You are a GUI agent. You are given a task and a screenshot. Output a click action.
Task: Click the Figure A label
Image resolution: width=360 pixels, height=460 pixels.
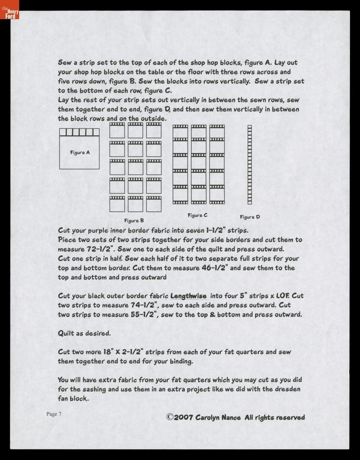(80, 153)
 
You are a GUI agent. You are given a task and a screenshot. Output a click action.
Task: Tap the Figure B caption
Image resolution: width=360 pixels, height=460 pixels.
(134, 220)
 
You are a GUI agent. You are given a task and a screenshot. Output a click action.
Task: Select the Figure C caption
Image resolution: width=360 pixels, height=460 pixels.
(197, 215)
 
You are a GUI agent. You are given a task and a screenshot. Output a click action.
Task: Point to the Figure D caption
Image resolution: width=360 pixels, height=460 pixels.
(250, 217)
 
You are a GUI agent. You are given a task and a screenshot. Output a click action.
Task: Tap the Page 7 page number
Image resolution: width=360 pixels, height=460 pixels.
(54, 414)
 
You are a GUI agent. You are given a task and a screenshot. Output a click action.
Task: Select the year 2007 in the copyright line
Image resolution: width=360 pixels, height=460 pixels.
(184, 417)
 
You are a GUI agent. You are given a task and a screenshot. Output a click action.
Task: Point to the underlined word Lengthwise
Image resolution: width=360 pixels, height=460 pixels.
(188, 296)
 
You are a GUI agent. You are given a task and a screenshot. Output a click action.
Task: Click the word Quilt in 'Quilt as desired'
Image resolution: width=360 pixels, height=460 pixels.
(66, 333)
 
